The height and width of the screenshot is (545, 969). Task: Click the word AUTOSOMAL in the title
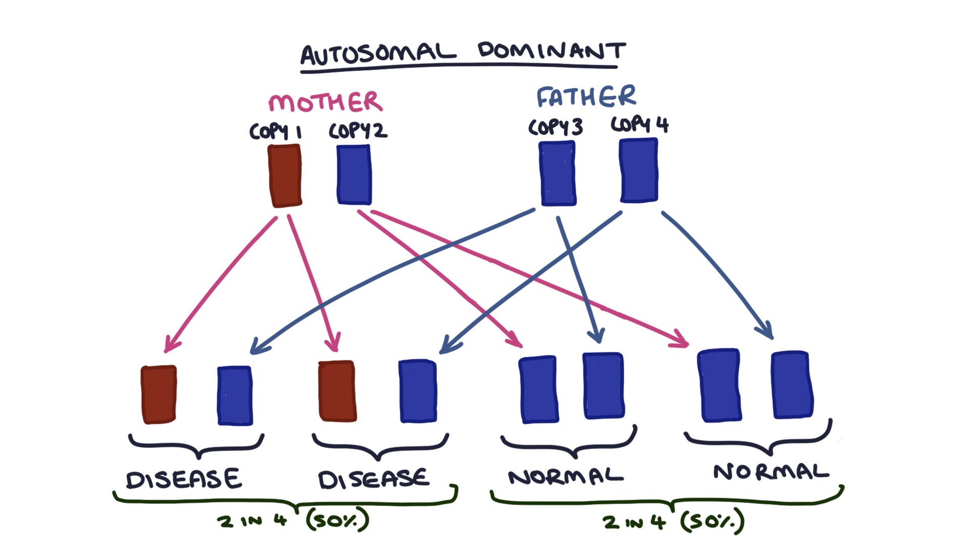378,53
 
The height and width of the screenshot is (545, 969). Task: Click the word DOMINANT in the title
551,50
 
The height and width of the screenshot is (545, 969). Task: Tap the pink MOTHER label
325,102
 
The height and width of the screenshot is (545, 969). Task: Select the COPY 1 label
276,132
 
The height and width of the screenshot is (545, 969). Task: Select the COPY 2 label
358,131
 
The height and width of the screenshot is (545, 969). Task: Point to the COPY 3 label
555,127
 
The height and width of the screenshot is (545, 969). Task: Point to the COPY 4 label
639,124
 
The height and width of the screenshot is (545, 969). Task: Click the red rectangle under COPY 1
285,176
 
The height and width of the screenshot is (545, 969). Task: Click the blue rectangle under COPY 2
354,175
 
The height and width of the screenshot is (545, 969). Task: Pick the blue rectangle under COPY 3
558,174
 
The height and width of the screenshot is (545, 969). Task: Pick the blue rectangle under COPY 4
639,171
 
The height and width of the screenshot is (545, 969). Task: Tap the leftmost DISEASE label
184,479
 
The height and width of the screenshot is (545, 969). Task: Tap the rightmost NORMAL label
771,472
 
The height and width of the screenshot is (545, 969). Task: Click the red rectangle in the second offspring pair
337,391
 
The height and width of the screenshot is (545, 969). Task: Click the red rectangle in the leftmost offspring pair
159,394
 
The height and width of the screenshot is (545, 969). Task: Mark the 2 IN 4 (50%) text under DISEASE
293,520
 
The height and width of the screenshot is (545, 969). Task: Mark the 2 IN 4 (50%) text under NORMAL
674,521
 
